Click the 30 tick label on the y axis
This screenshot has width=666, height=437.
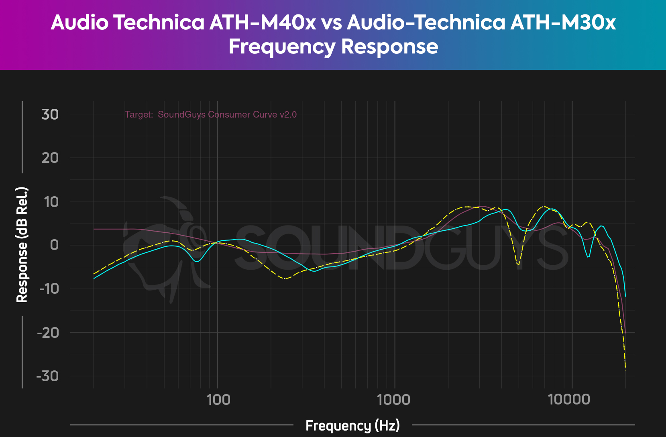click(x=50, y=114)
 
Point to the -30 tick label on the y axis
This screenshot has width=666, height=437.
click(x=48, y=376)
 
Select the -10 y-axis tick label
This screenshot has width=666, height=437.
click(x=48, y=289)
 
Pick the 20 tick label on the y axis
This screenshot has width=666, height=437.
click(x=50, y=158)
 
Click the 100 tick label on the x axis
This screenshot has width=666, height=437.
click(x=218, y=399)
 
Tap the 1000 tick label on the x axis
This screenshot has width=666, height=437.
click(x=395, y=399)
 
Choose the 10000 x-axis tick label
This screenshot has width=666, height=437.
click(x=571, y=399)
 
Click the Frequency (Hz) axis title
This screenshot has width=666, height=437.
click(x=352, y=425)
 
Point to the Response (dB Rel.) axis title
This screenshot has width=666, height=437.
click(x=22, y=245)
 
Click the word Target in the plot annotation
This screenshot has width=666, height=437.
click(x=138, y=114)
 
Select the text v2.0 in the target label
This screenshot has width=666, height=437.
click(x=288, y=114)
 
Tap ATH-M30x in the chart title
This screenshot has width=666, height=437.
click(x=563, y=22)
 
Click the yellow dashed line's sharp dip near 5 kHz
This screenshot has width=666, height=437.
click(x=519, y=265)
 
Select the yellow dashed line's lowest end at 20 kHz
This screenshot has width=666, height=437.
click(x=625, y=369)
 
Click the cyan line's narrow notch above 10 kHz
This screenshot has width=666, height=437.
click(x=588, y=257)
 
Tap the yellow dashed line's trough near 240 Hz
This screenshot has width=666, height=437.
click(x=285, y=278)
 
